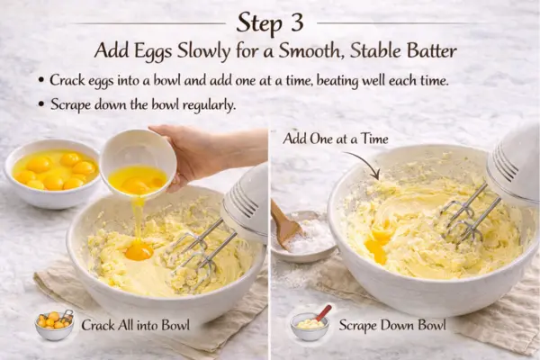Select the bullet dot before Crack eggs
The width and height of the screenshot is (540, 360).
[41, 81]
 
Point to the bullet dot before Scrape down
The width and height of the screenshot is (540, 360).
[41, 104]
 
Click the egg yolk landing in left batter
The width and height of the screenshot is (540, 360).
[139, 249]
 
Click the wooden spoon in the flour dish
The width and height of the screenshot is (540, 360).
[287, 224]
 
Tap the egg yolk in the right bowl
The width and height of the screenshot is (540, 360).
[378, 244]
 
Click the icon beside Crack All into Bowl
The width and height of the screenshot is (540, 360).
[54, 325]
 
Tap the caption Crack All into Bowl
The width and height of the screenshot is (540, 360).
[135, 325]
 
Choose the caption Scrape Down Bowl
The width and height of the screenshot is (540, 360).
[393, 325]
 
